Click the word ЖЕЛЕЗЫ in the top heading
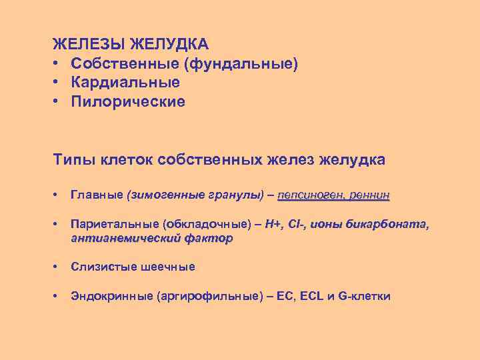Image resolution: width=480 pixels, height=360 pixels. [x=89, y=45]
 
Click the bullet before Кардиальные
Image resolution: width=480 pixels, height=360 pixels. [x=58, y=83]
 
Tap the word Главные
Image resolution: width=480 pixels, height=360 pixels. [x=97, y=195]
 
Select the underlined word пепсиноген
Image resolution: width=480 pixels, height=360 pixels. [x=311, y=195]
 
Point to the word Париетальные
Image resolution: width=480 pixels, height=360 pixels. [x=108, y=225]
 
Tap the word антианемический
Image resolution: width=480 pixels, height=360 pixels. [x=127, y=238]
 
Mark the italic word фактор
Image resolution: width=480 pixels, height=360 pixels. [x=210, y=238]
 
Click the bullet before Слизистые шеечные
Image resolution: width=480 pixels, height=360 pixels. [x=57, y=267]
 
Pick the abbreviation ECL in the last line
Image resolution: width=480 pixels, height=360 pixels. [x=311, y=296]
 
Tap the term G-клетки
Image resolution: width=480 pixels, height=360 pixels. [x=365, y=296]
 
